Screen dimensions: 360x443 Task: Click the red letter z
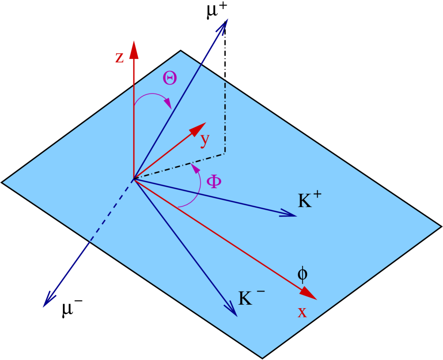pyautogui.click(x=119, y=58)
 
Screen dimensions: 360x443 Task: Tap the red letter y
pyautogui.click(x=204, y=140)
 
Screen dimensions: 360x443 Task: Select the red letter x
pyautogui.click(x=302, y=313)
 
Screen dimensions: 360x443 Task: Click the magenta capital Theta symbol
pyautogui.click(x=169, y=78)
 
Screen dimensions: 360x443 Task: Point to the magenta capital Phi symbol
pyautogui.click(x=214, y=182)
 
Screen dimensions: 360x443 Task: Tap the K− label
pyautogui.click(x=250, y=298)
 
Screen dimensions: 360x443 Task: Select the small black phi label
pyautogui.click(x=302, y=274)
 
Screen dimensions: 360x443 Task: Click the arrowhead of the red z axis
pyautogui.click(x=134, y=49)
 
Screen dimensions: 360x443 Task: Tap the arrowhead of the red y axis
pyautogui.click(x=199, y=128)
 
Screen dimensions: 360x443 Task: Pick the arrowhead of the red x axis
pyautogui.click(x=309, y=294)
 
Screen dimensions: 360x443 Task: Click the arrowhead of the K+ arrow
pyautogui.click(x=289, y=214)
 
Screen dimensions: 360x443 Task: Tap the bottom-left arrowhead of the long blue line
pyautogui.click(x=48, y=300)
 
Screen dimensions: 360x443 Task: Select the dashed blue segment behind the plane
pyautogui.click(x=110, y=213)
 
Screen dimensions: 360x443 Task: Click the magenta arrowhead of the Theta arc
pyautogui.click(x=168, y=104)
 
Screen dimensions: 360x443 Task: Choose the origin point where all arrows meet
pyautogui.click(x=134, y=178)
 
